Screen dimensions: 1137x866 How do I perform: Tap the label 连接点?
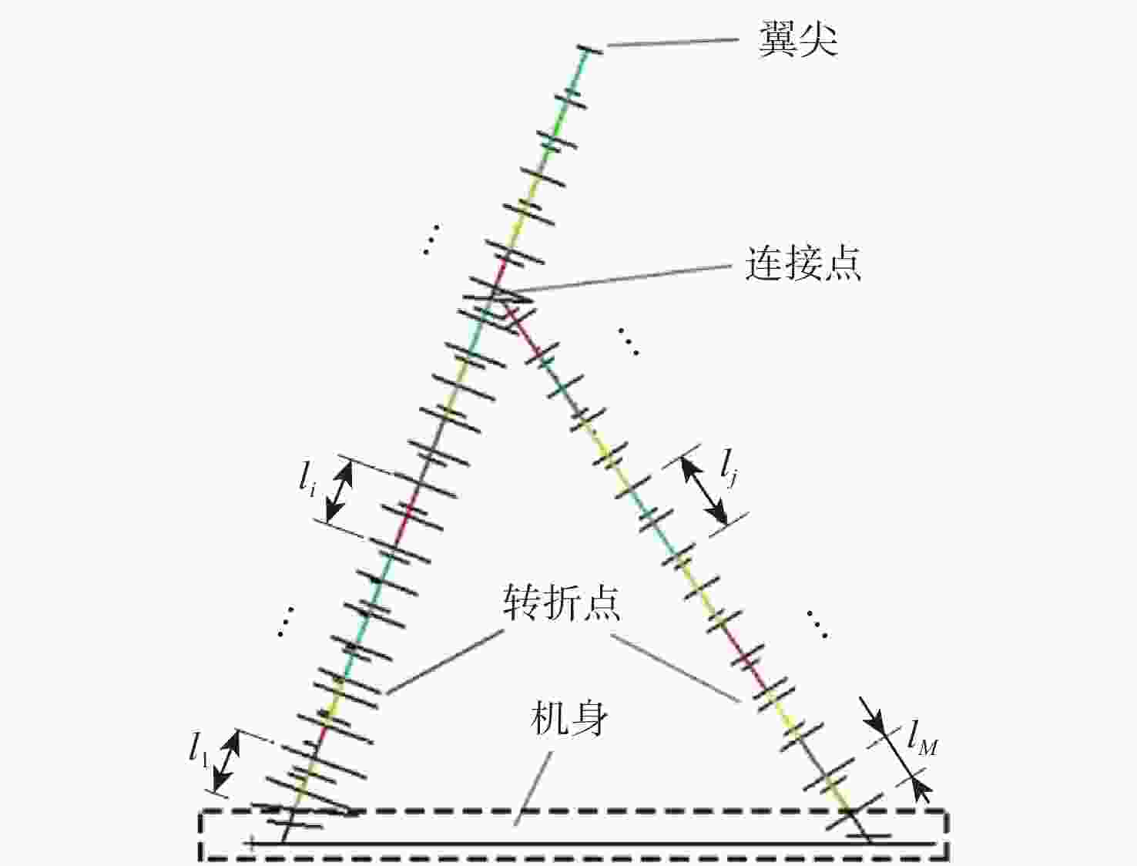point(803,263)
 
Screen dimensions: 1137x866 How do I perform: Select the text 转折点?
point(562,603)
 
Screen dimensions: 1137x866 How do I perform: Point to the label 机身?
point(568,720)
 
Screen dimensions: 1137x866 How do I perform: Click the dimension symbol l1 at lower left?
point(199,750)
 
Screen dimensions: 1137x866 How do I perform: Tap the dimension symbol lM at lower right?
point(923,743)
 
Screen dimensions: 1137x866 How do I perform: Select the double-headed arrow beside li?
point(339,492)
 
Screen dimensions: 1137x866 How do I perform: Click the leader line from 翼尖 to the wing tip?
point(672,42)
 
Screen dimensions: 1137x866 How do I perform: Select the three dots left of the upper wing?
point(431,240)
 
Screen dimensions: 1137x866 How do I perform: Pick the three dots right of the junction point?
point(628,341)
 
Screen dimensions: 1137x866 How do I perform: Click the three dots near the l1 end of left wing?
point(286,621)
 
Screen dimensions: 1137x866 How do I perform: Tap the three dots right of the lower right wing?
point(817,624)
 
